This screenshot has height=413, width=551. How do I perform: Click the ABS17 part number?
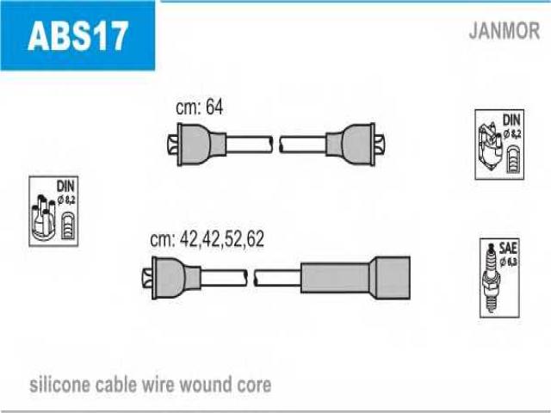point(77,36)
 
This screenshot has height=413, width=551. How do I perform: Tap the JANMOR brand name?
point(504,31)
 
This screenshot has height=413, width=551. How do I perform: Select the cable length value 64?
point(214,106)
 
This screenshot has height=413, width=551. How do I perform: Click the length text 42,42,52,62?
point(222,239)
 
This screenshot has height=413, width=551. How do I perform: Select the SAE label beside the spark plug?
point(508,249)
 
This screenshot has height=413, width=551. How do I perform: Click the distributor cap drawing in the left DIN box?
point(43,218)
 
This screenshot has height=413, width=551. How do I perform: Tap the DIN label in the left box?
point(65,186)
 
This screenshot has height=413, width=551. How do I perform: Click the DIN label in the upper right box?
point(511,120)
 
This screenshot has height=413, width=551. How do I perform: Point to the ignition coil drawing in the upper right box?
point(491,145)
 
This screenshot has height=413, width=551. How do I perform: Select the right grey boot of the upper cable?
point(350,145)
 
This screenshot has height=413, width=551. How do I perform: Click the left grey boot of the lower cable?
point(176,278)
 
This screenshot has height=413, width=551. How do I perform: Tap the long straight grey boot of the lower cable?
point(356,278)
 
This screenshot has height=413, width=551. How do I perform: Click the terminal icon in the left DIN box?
point(68,226)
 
